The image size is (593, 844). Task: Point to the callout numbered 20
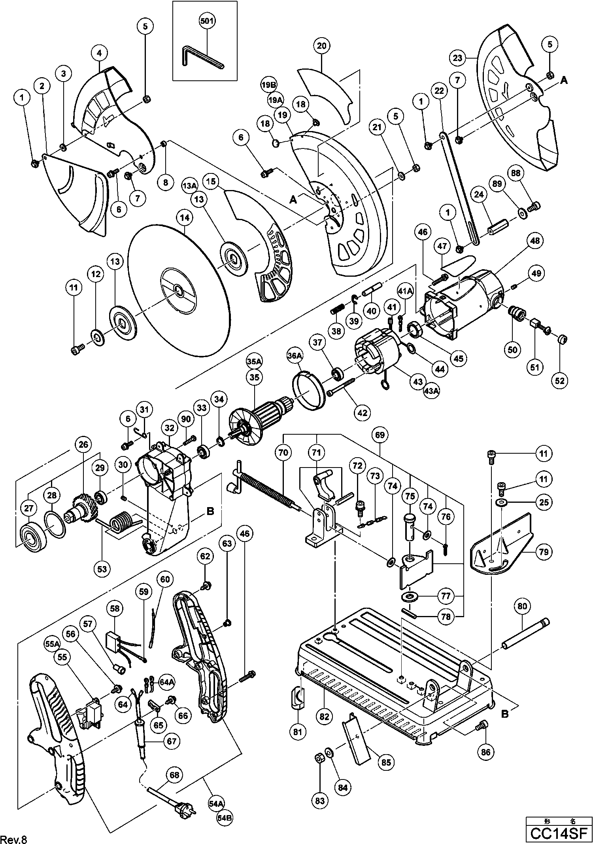(x=322, y=46)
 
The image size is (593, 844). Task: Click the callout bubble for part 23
(x=457, y=58)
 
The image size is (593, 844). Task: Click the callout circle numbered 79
(x=544, y=551)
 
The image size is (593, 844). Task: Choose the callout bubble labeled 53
(x=102, y=569)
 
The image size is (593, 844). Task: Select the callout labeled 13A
(x=190, y=186)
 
